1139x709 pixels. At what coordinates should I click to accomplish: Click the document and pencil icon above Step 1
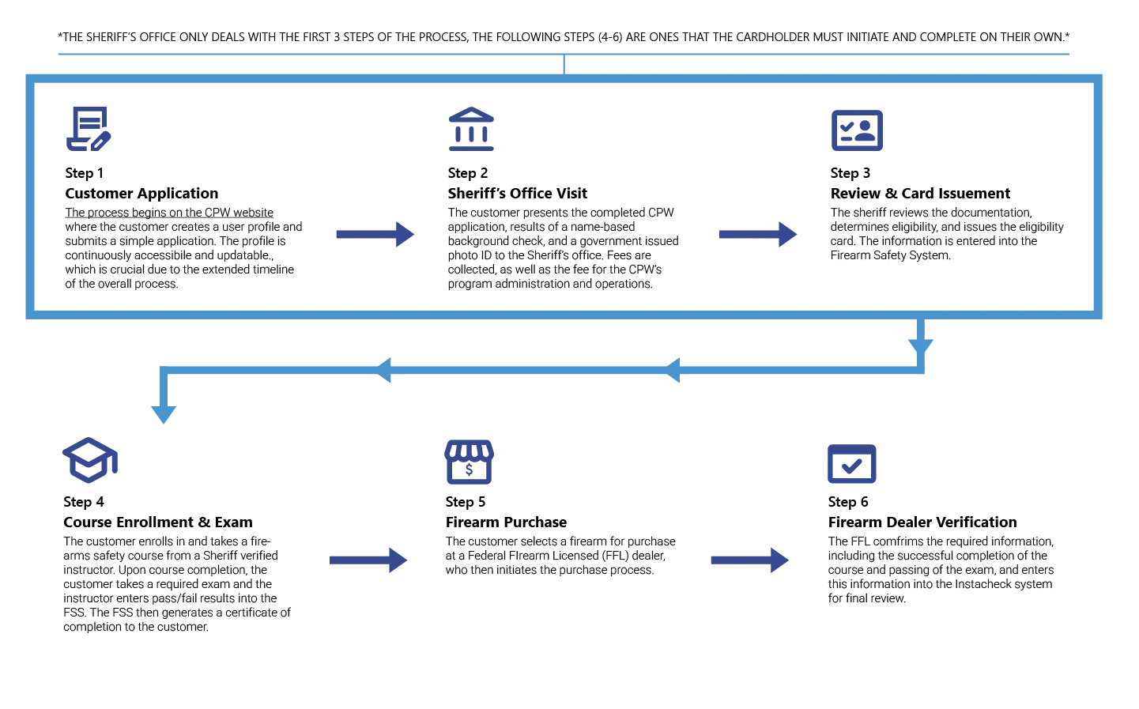[x=89, y=129]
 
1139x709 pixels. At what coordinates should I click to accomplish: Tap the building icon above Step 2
[x=471, y=129]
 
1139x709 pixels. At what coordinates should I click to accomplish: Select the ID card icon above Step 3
[x=857, y=130]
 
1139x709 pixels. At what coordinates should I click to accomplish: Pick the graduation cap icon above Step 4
[x=90, y=460]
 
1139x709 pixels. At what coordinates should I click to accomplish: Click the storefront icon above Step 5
[x=469, y=462]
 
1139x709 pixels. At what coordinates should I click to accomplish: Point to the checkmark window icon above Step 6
[x=852, y=463]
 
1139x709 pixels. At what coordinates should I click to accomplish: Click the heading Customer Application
[x=141, y=194]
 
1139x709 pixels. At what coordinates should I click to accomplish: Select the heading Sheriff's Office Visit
[x=517, y=194]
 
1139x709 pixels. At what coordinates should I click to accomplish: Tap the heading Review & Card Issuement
[x=920, y=194]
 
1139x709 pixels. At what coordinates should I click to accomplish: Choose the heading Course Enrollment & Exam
[x=157, y=522]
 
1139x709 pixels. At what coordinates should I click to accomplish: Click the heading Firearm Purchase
[x=506, y=522]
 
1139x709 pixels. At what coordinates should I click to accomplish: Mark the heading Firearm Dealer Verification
[x=922, y=522]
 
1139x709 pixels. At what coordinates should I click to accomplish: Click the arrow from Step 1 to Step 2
[x=375, y=234]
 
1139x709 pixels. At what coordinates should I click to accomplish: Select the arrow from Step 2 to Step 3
[x=758, y=234]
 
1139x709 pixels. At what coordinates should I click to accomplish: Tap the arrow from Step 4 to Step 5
[x=368, y=560]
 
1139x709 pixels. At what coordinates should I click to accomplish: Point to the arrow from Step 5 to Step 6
[x=749, y=560]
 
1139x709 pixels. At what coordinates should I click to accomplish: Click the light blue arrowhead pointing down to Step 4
[x=164, y=414]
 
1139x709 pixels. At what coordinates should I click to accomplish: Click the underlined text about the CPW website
[x=169, y=213]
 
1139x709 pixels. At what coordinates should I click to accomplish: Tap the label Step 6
[x=847, y=502]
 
